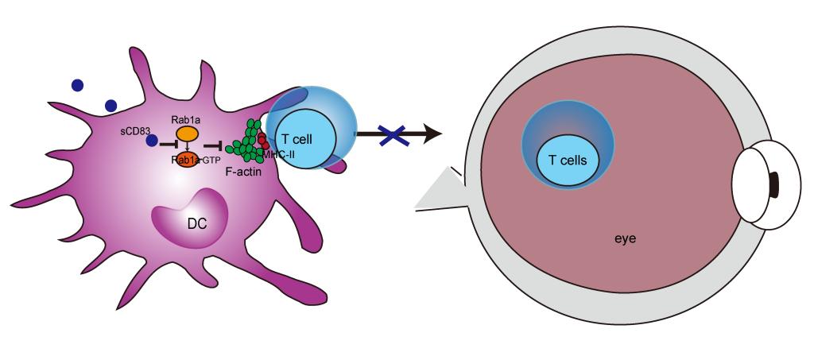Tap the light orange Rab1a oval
186,134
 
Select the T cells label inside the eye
568,160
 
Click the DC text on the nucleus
197,223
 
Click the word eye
626,238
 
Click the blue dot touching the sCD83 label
152,141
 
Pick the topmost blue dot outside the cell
76,85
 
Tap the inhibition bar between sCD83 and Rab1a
169,146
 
